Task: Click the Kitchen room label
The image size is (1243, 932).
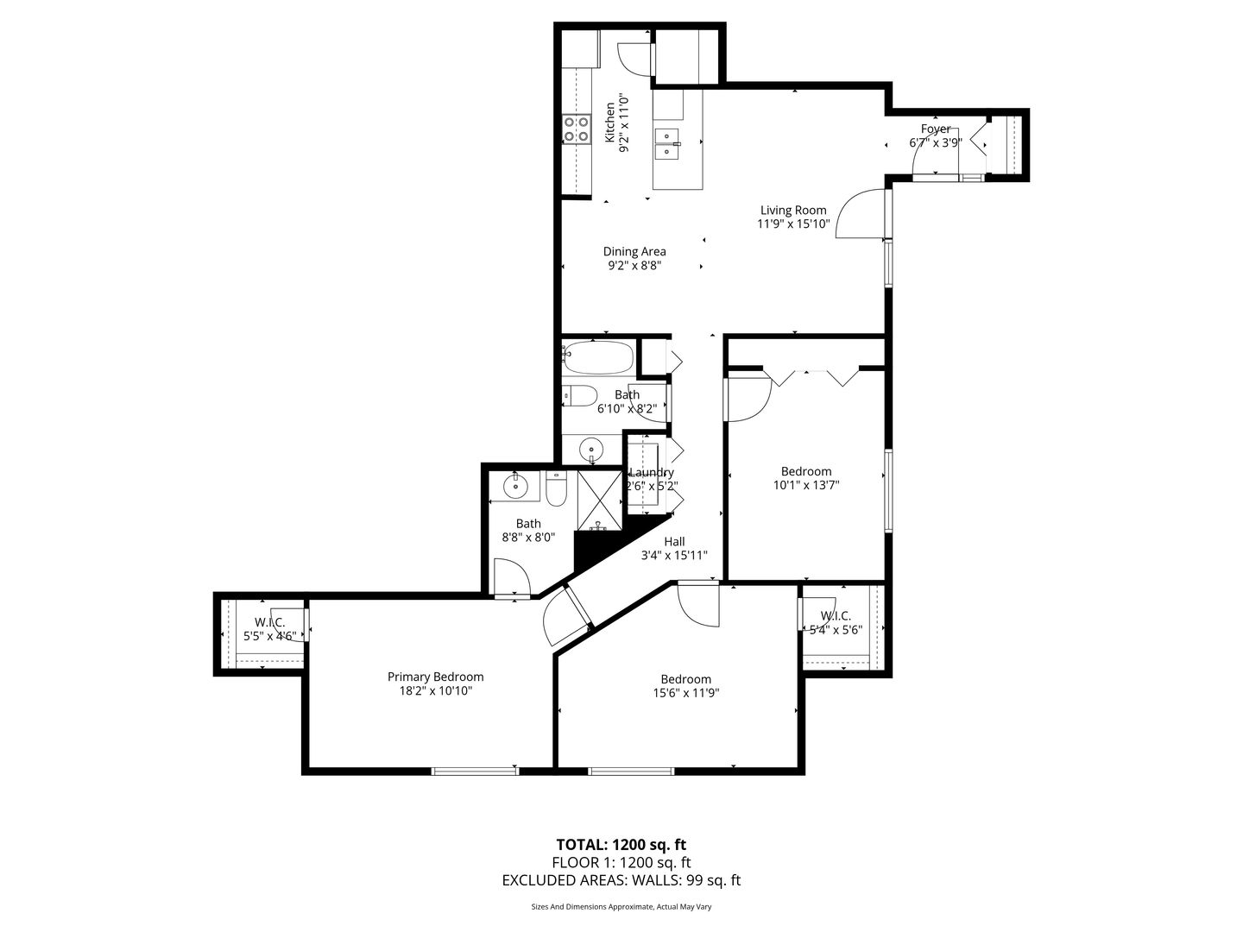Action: (610, 123)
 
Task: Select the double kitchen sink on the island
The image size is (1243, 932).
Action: (667, 144)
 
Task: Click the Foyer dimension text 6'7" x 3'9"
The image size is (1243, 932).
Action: (936, 142)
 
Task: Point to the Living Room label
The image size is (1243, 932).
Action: (792, 210)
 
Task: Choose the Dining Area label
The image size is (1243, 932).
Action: (634, 251)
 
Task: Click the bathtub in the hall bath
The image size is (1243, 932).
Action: (598, 357)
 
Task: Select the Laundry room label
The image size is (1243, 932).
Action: (652, 473)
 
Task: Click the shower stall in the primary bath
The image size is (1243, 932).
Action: (600, 501)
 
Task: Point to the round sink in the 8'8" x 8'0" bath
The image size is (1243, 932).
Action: (516, 485)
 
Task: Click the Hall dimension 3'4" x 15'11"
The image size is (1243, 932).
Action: (674, 555)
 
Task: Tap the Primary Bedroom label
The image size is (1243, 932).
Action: (435, 677)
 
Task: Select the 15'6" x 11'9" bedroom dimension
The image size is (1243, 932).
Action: (685, 693)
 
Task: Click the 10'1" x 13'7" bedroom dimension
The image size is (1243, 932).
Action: (806, 485)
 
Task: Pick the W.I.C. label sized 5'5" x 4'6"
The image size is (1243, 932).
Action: (269, 622)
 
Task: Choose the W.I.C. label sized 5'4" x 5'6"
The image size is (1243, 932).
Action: (836, 615)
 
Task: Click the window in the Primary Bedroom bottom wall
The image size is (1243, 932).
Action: (475, 770)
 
